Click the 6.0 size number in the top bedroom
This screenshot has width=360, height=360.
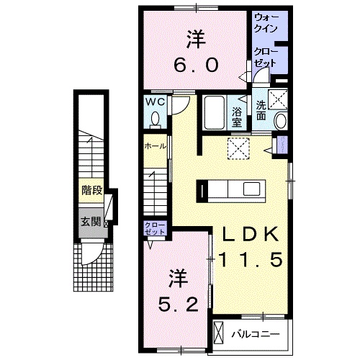(194, 64)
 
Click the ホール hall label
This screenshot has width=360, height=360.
(156, 146)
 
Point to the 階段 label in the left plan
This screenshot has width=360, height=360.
(91, 191)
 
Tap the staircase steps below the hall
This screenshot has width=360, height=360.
(157, 189)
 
